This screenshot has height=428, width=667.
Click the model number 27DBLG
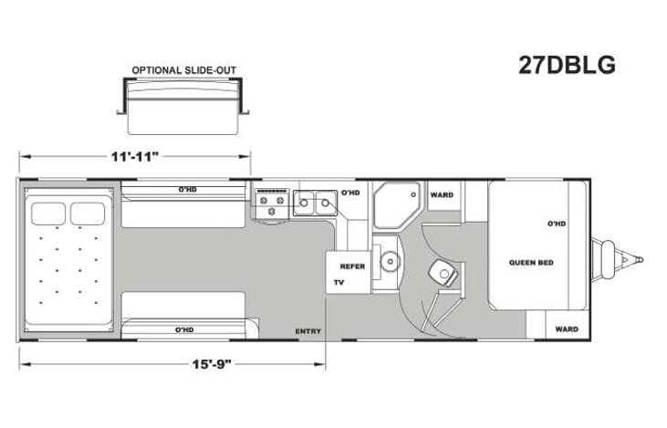point(568,66)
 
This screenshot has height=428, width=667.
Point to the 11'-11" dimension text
point(135,156)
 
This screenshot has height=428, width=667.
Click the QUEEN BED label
point(531,263)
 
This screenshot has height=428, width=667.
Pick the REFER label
point(352,266)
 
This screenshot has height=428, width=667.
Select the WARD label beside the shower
point(443,194)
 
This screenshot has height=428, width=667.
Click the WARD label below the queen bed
point(567,329)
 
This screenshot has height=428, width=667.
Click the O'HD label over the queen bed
point(557,224)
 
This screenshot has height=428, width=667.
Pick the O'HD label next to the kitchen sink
point(350,193)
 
